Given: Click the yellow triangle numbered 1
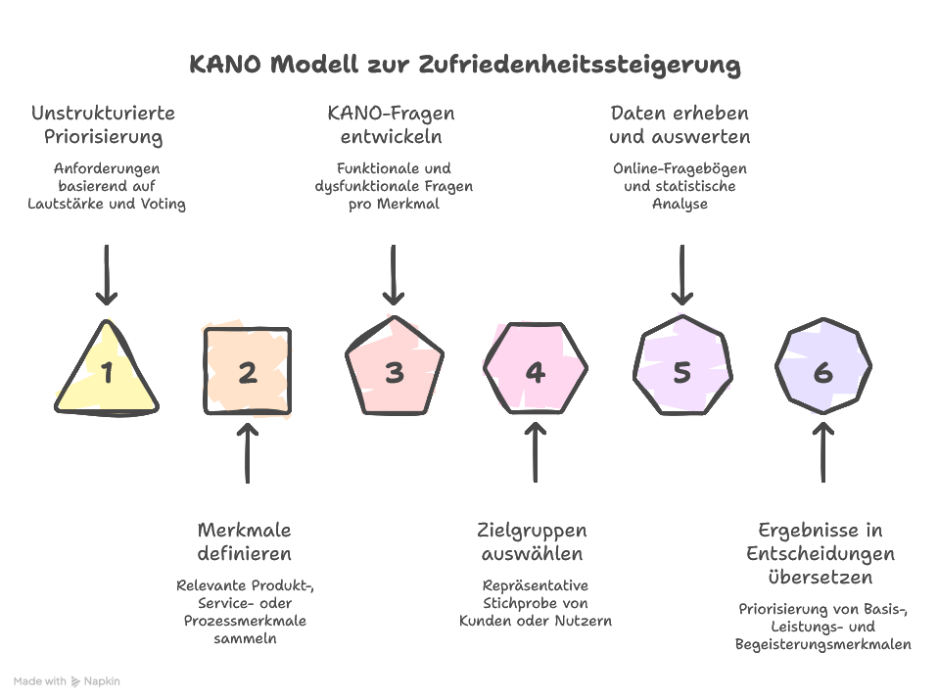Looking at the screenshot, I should point(107,372).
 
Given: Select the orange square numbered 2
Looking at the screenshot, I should point(247,372).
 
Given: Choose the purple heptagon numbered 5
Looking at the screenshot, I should point(682,372).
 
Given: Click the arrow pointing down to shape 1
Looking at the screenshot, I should point(107,275).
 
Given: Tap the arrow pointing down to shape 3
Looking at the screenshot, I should point(393,275).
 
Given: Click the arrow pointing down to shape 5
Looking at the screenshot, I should point(681,275).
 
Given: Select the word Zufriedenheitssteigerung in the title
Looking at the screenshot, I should point(580,66).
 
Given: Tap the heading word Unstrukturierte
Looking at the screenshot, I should point(103,114).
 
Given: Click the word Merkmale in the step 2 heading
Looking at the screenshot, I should point(245,531).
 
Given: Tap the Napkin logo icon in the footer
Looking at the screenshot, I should point(76,680).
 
